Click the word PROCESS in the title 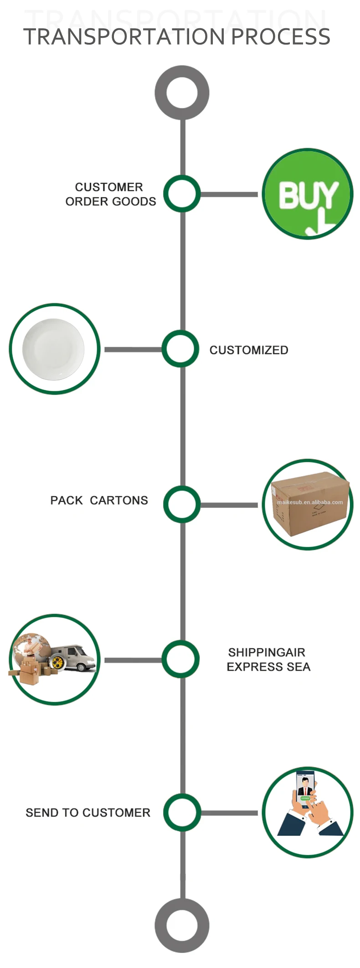pos(281,37)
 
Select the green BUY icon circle pos(308,194)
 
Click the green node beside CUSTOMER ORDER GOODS pos(182,194)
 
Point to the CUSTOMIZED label pos(249,350)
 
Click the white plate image pos(54,349)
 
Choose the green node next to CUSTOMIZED pos(180,349)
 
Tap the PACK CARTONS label pos(99,500)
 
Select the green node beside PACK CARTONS pos(182,504)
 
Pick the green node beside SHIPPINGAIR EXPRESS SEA pos(180,659)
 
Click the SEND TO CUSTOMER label pos(88,813)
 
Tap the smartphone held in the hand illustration pos(305,788)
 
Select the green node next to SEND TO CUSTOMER pos(182,812)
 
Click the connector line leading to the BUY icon pos(229,194)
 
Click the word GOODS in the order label pos(136,201)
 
